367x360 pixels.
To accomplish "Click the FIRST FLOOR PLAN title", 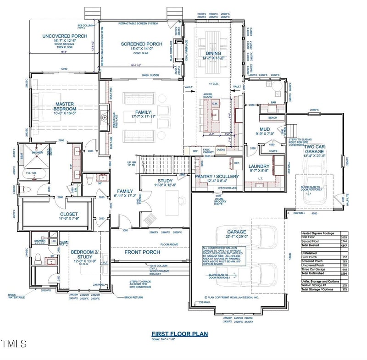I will pos(179,334).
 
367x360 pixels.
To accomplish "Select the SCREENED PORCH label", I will pos(141,44).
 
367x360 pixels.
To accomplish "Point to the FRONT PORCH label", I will pos(142,252).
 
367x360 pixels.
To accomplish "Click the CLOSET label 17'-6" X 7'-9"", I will pos(69,214).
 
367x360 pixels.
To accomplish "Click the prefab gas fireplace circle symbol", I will pos(105,118).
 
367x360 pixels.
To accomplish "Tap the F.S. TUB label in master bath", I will pos(31,172).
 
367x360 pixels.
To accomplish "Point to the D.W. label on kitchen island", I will pos(215,104).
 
